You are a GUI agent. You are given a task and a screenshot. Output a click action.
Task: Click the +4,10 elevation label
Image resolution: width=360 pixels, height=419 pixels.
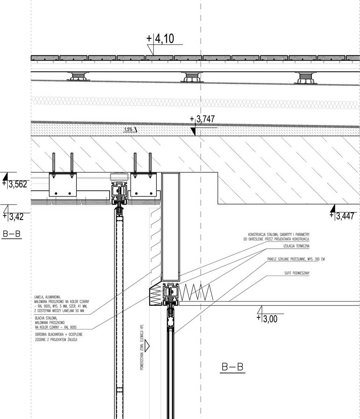pos(160,38)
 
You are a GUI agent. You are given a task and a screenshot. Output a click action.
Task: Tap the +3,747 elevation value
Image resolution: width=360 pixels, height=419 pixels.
pos(202,119)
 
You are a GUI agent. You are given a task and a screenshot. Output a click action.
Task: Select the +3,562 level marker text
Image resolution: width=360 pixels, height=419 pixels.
pos(15,184)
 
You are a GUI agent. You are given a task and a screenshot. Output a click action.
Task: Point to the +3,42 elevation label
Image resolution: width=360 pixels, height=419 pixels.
pos(13,217)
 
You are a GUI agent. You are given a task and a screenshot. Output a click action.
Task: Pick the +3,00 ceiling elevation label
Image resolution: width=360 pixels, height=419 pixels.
pos(267,319)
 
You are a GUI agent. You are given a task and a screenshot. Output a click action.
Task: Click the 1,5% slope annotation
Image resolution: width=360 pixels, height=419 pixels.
pos(128,129)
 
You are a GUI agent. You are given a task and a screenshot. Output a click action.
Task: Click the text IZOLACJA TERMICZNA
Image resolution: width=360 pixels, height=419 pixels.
pos(296,246)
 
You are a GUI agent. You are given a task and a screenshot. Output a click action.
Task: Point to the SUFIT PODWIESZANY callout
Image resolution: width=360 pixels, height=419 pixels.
pos(297,273)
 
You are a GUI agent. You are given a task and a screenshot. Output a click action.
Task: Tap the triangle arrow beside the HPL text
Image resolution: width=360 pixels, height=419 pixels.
pos(147,346)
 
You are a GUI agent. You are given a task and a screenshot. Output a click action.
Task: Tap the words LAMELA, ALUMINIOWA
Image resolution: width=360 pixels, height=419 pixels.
pos(47,297)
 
